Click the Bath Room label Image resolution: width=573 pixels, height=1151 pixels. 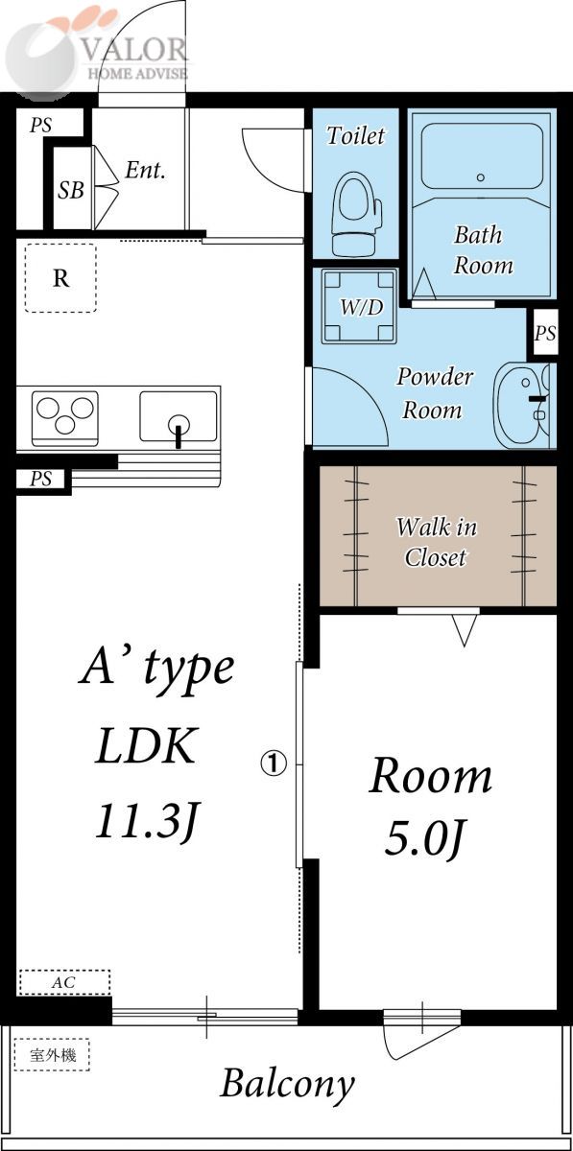(x=483, y=249)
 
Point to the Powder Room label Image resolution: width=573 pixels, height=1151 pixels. (x=434, y=392)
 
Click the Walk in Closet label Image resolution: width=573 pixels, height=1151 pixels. (x=436, y=542)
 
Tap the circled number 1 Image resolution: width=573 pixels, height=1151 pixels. (x=274, y=763)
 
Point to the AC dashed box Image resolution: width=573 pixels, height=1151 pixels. (x=64, y=983)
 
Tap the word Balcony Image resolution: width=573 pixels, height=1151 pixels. (x=287, y=1084)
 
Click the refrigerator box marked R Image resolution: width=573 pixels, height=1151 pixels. (x=60, y=278)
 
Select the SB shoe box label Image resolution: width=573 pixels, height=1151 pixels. (x=70, y=190)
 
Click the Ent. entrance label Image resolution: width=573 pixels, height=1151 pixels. (x=145, y=171)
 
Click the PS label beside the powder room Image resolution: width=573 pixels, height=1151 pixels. (x=544, y=334)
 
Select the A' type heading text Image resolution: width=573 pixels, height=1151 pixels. (x=156, y=667)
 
